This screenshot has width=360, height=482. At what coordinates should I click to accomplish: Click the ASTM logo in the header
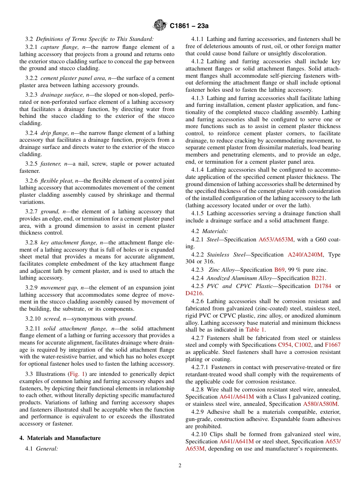click(160, 26)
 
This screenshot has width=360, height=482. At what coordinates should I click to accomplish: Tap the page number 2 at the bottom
click(180, 466)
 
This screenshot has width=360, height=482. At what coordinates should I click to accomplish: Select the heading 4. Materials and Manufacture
click(60, 438)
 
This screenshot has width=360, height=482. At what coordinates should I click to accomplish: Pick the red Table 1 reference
click(255, 330)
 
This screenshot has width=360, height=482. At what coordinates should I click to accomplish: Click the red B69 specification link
click(279, 270)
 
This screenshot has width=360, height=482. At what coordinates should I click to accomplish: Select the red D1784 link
click(323, 286)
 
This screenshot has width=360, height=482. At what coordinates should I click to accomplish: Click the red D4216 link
click(194, 293)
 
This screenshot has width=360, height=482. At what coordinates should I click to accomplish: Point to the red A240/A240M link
click(305, 255)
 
